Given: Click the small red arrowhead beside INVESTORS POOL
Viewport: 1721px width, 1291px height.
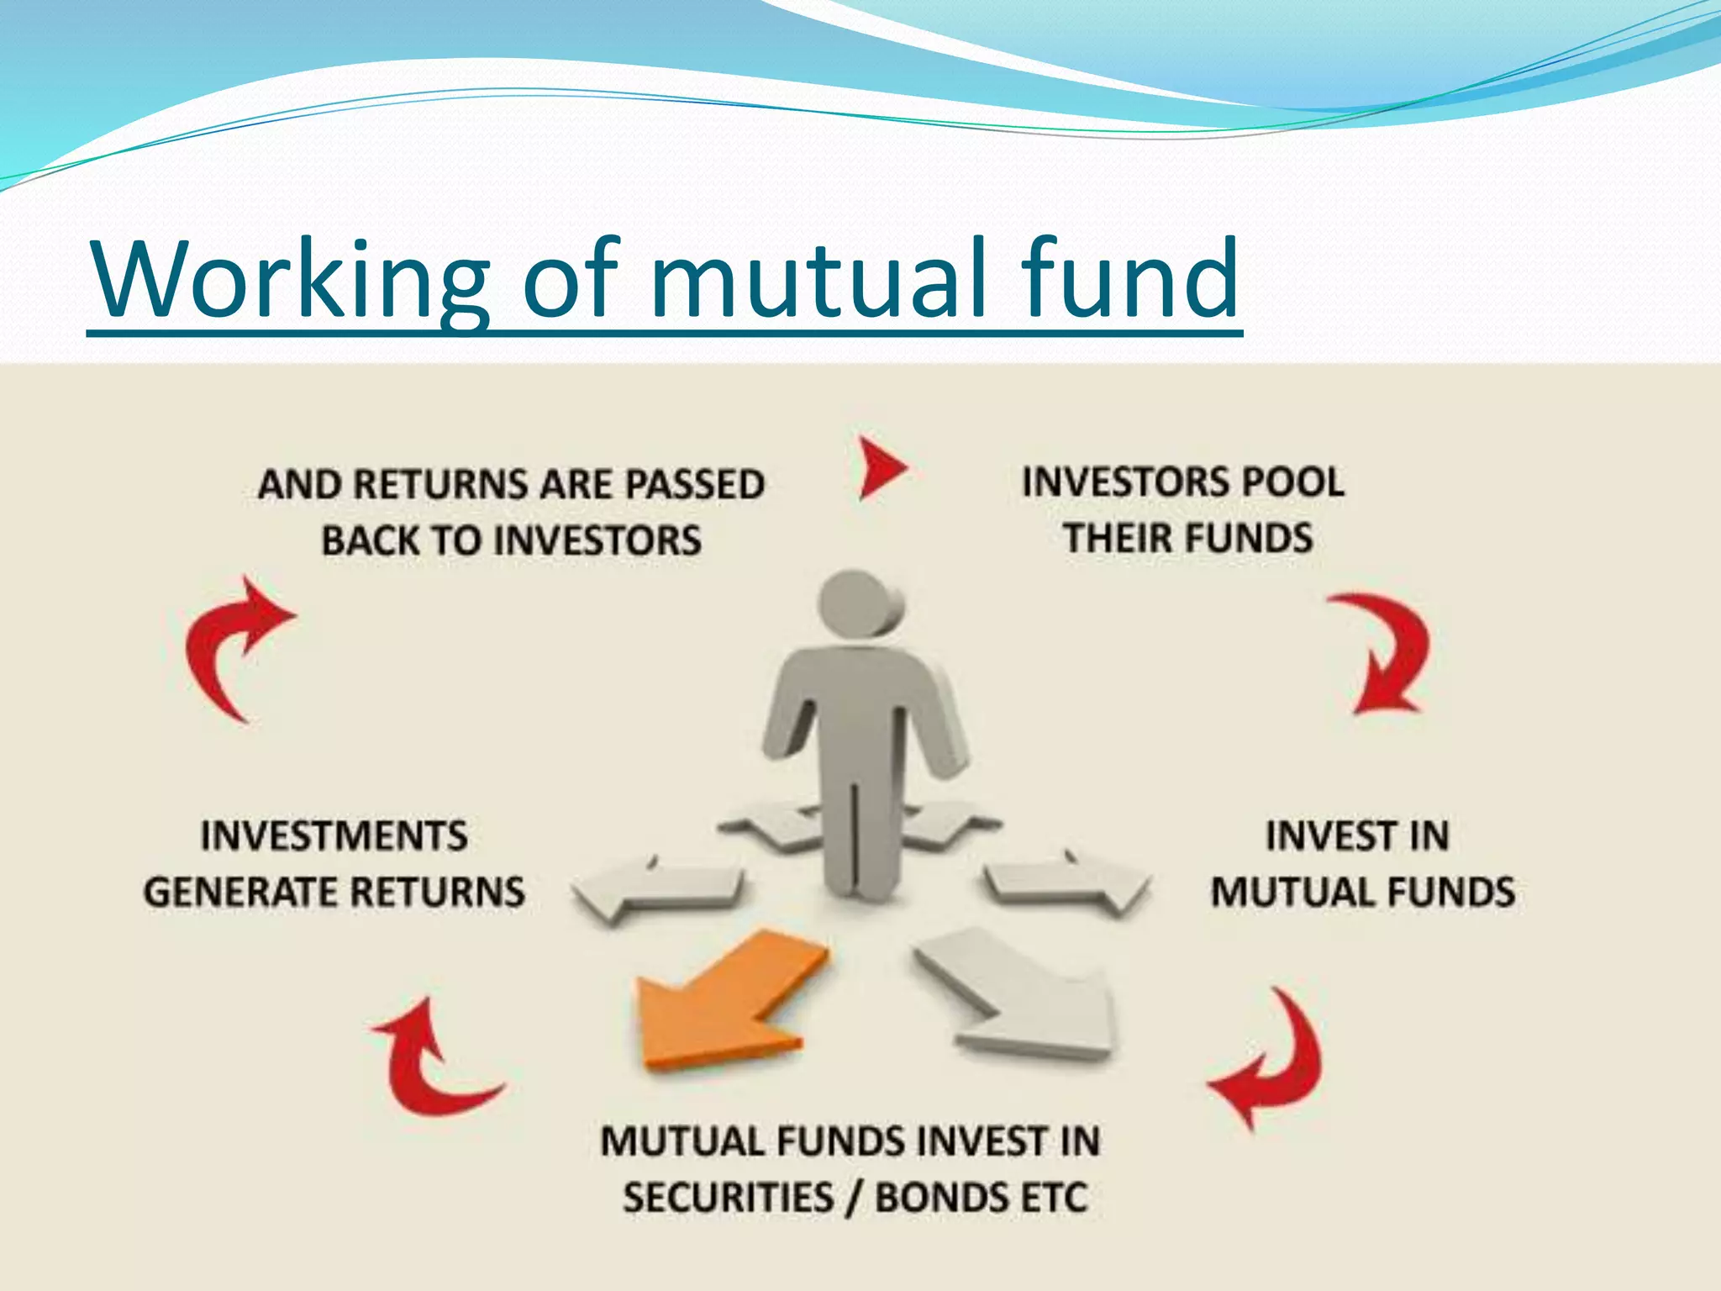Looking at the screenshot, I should tap(882, 467).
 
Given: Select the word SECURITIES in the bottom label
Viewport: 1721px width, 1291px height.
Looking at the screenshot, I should tap(728, 1198).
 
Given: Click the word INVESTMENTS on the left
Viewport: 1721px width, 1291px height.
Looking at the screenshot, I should tap(334, 836).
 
